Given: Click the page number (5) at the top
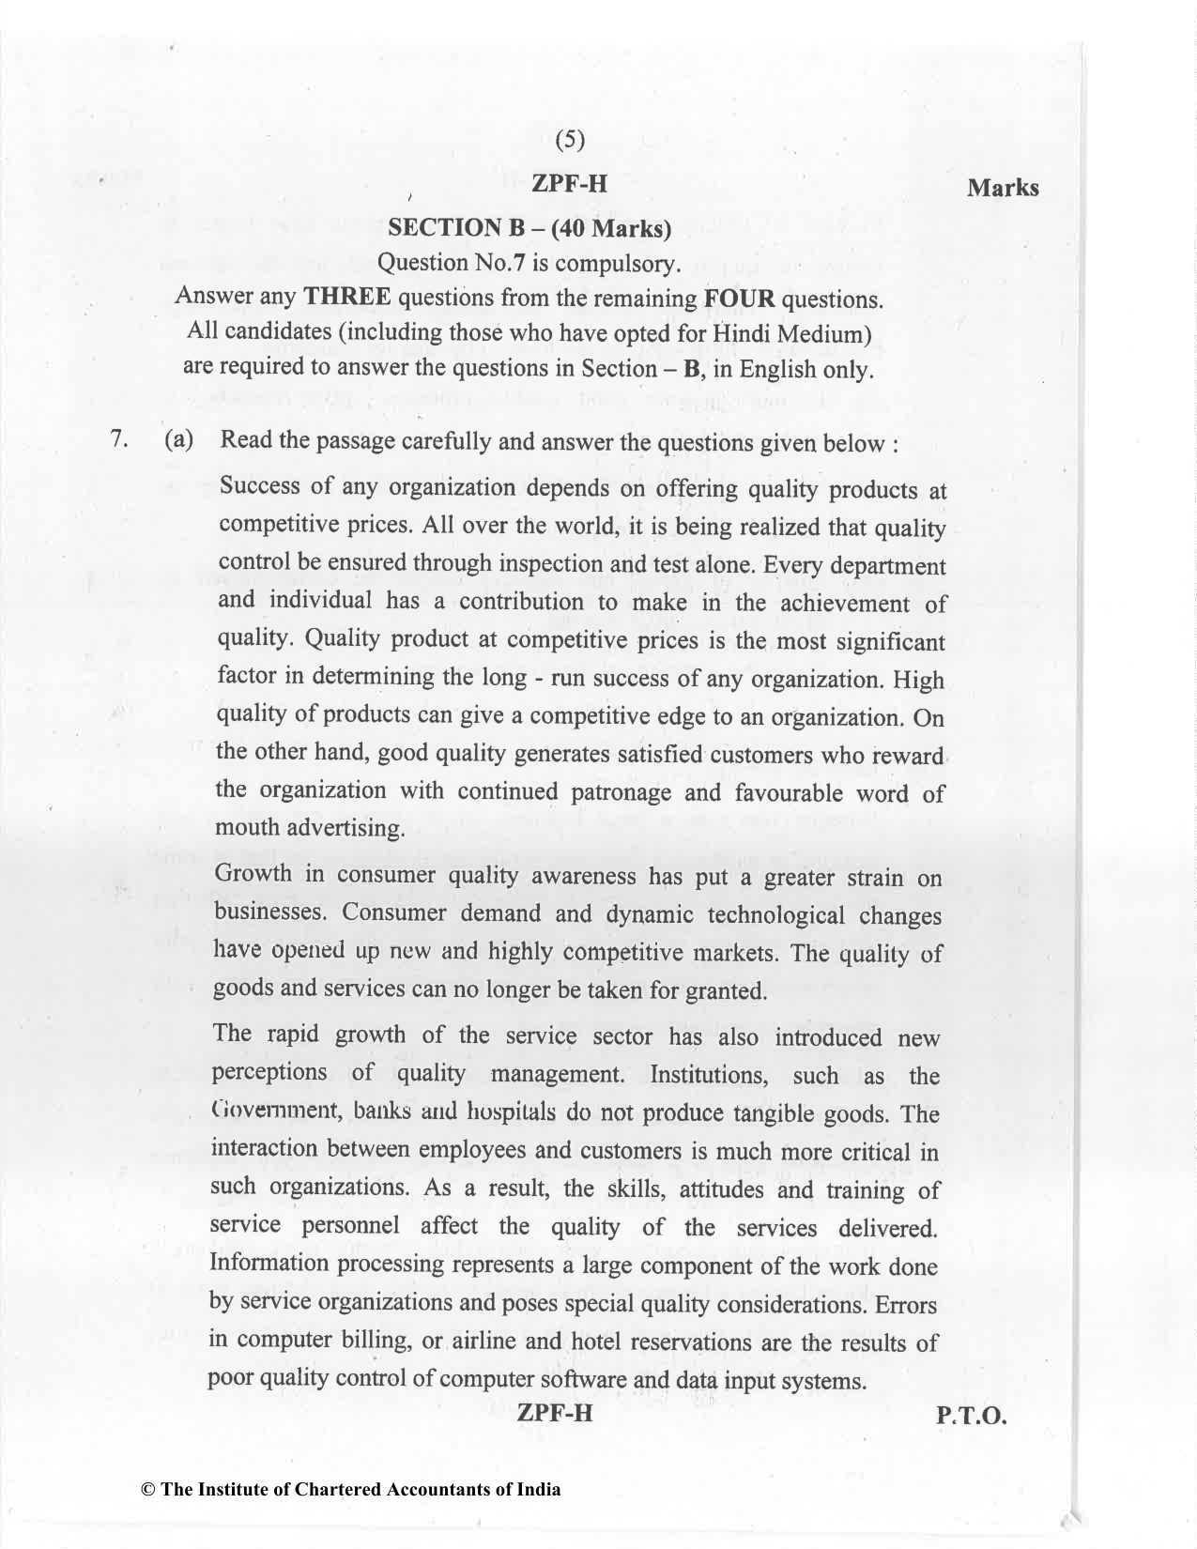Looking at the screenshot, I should pyautogui.click(x=570, y=140).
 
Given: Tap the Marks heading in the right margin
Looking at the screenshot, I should pyautogui.click(x=1003, y=188).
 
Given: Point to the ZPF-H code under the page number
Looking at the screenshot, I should pyautogui.click(x=569, y=183).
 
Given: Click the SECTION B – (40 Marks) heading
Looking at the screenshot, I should pyautogui.click(x=529, y=227).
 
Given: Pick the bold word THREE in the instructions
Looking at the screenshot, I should pyautogui.click(x=346, y=298).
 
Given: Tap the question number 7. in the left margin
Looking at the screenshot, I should pyautogui.click(x=118, y=439).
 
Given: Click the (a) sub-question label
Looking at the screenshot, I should pyautogui.click(x=178, y=440).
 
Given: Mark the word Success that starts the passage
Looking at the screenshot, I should pyautogui.click(x=259, y=487).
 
